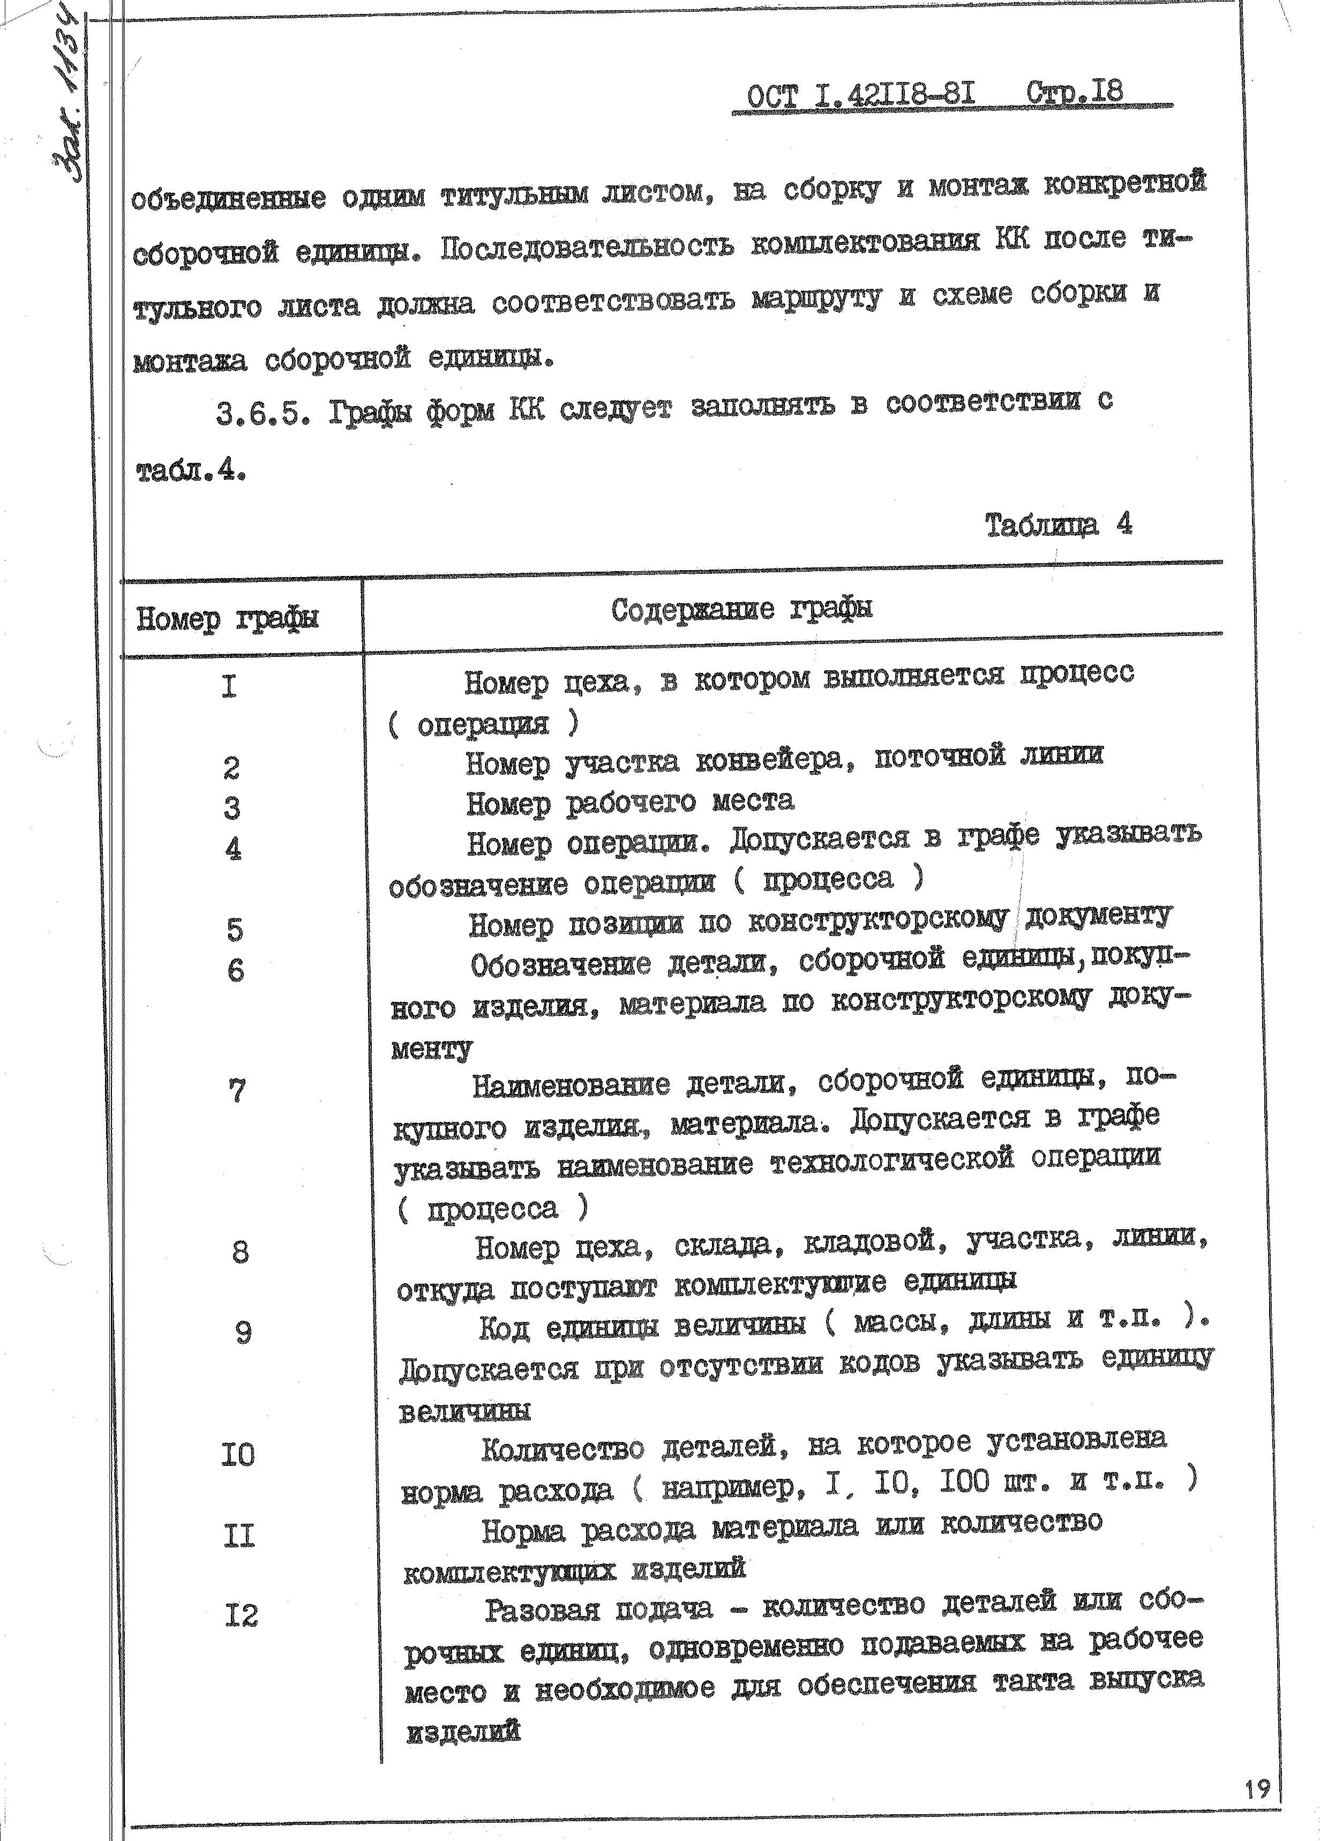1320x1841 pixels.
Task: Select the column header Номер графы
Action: point(227,619)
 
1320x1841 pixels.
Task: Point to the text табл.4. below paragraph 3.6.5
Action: point(190,470)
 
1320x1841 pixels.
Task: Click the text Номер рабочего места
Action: point(630,803)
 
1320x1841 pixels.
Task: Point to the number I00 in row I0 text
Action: point(964,1482)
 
